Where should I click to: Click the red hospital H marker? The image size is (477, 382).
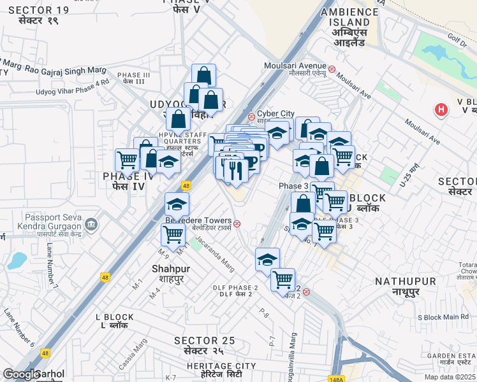tap(440, 110)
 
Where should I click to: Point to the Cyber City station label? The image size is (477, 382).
tap(275, 114)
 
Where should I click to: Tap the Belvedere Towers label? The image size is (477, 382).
tap(198, 222)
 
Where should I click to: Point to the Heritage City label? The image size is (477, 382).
tap(221, 367)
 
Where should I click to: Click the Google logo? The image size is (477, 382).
tap(20, 374)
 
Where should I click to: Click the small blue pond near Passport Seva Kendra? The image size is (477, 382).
tap(17, 260)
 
